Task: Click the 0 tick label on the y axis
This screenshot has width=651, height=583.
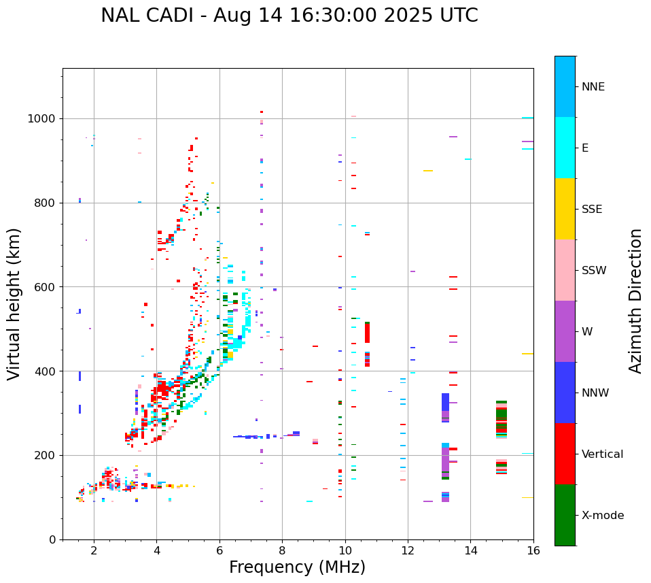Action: [52, 539]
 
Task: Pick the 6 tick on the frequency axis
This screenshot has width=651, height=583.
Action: [219, 550]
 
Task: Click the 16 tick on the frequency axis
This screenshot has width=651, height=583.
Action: [533, 550]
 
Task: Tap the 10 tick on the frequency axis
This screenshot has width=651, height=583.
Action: [345, 550]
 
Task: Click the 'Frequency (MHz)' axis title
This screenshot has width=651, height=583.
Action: [297, 567]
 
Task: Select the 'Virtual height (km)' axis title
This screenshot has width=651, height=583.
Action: [14, 303]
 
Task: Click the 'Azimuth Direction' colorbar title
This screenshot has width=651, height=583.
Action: [635, 301]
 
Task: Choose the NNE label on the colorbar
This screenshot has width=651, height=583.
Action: [593, 87]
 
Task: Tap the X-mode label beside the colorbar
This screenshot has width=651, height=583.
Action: [602, 516]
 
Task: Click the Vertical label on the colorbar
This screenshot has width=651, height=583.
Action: [602, 454]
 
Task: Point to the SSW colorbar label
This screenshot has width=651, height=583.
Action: [593, 271]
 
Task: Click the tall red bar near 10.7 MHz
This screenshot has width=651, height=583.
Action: [367, 333]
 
